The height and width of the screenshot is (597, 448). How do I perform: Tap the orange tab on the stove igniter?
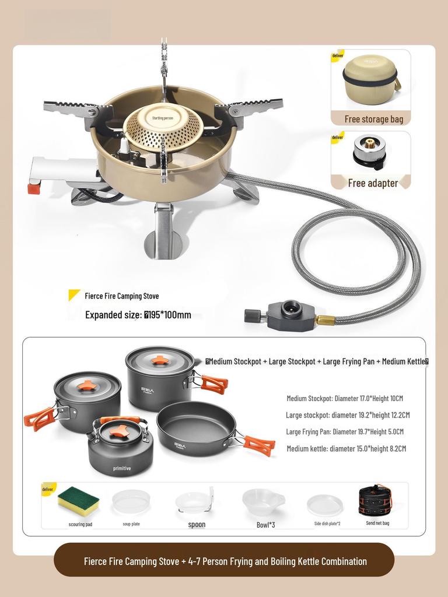tap(34, 188)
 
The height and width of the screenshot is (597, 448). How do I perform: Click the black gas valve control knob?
tap(252, 316)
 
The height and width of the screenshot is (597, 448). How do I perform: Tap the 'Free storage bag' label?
tap(373, 119)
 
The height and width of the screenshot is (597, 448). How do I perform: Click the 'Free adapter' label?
tap(373, 183)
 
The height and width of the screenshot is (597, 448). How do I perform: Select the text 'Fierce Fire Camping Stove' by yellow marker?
tap(121, 296)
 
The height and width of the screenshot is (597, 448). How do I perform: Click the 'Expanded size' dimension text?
tap(138, 315)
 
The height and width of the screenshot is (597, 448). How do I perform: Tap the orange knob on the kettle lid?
tap(120, 431)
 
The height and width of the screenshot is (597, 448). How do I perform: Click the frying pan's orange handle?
tap(259, 445)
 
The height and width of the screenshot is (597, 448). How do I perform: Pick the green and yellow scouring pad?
tap(78, 501)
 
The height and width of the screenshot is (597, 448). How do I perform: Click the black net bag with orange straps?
tap(375, 501)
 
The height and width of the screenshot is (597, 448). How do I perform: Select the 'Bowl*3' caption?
tap(264, 524)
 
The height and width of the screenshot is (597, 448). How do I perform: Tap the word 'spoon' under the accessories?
tap(197, 525)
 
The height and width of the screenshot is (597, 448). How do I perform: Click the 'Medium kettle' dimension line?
tap(346, 448)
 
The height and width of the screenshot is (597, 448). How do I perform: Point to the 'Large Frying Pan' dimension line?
tap(344, 432)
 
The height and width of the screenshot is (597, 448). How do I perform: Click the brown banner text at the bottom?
tap(225, 561)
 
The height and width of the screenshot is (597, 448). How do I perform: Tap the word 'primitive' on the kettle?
tap(122, 468)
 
